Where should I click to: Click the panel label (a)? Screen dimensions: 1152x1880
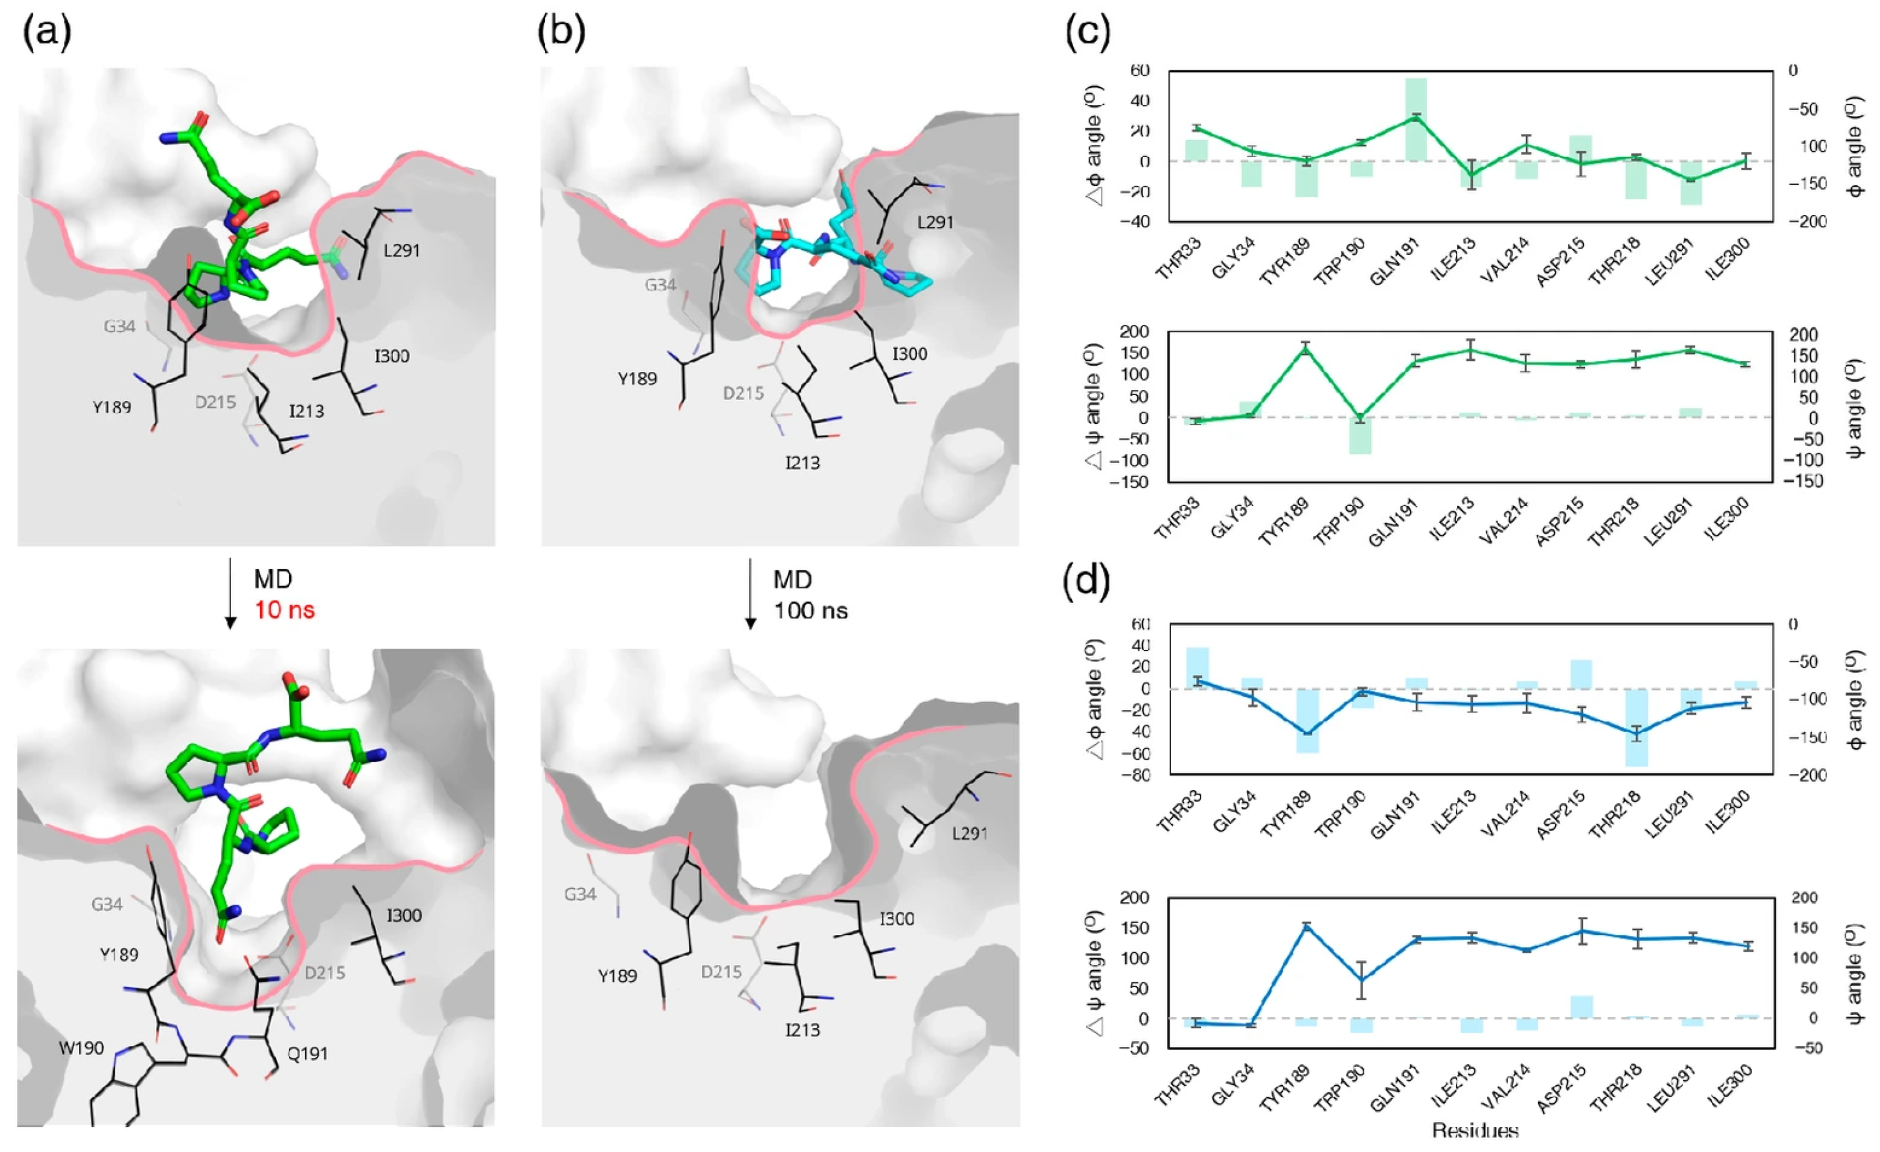(48, 34)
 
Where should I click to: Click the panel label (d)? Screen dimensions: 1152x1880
(1086, 582)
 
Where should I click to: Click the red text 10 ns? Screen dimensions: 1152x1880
(284, 610)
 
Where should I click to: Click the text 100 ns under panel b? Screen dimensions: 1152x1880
(811, 610)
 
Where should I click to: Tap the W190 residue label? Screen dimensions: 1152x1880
(82, 1048)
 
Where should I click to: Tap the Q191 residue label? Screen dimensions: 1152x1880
(308, 1054)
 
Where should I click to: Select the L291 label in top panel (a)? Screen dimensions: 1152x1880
(401, 250)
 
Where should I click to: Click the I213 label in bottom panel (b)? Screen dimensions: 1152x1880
(802, 1030)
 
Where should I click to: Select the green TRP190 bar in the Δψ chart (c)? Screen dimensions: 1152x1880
(1360, 436)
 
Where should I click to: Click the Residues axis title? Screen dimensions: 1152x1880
(1475, 1131)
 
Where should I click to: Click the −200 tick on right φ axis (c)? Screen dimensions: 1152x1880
(1808, 221)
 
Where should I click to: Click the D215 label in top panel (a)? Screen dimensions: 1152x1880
(215, 401)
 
